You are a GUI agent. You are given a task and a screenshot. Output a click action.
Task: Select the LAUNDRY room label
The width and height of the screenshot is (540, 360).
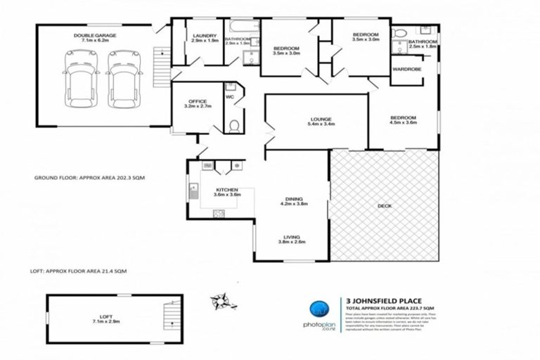204,35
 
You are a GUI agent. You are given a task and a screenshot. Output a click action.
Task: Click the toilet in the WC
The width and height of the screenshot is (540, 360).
235,124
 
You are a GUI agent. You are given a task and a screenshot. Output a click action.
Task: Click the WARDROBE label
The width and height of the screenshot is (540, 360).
407,69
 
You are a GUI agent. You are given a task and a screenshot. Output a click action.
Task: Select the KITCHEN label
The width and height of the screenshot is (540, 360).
228,190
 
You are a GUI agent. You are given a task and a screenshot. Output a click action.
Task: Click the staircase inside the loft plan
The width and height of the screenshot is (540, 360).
168,314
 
